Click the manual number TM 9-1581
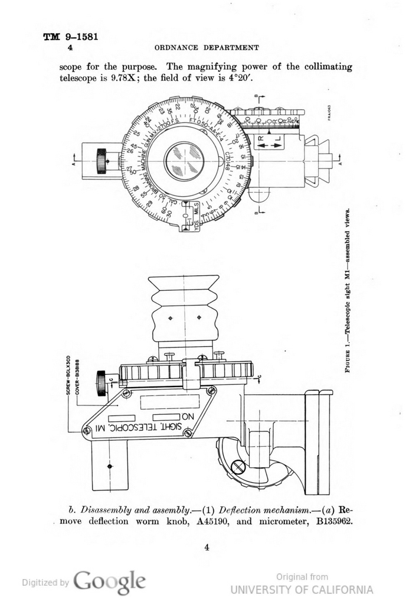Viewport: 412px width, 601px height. pyautogui.click(x=70, y=37)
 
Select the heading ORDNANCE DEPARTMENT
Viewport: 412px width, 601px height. pyautogui.click(x=207, y=47)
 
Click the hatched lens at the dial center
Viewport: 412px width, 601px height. pyautogui.click(x=184, y=161)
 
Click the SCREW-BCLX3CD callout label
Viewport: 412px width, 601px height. pyautogui.click(x=69, y=375)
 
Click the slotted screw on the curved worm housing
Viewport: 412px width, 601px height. pyautogui.click(x=238, y=467)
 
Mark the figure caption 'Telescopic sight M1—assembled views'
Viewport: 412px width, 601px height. pyautogui.click(x=349, y=290)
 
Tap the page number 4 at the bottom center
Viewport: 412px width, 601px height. pyautogui.click(x=207, y=548)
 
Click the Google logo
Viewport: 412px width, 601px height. pyautogui.click(x=110, y=582)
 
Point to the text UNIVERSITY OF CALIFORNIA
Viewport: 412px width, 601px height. pyautogui.click(x=302, y=589)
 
